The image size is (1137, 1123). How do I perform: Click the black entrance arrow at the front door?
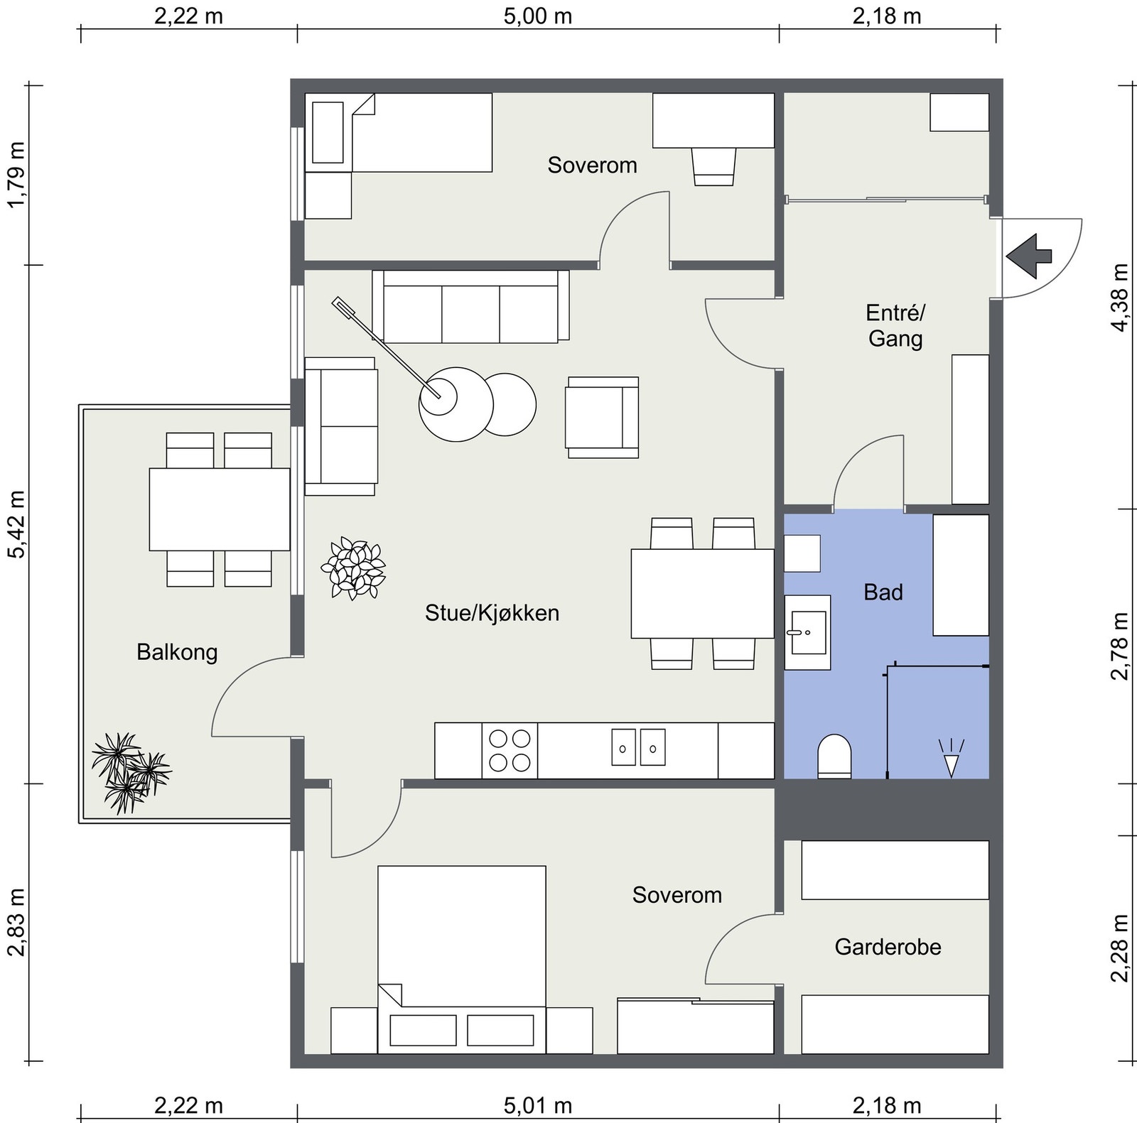(x=1028, y=255)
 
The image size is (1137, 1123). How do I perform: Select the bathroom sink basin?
(x=807, y=632)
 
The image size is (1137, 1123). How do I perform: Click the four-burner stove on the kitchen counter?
(x=510, y=751)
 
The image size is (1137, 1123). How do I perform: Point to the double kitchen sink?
(x=638, y=747)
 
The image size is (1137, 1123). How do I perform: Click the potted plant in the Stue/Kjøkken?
(x=353, y=568)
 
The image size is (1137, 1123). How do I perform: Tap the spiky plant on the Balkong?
(x=130, y=773)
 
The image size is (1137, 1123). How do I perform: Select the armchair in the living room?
(x=602, y=417)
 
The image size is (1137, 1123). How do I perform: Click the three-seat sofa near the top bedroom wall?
(x=470, y=306)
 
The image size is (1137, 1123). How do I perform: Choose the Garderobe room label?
(x=888, y=947)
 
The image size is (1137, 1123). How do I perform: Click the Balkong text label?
(x=177, y=652)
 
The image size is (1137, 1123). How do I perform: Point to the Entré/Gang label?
(x=895, y=325)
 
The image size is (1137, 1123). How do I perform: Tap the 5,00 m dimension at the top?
(x=538, y=16)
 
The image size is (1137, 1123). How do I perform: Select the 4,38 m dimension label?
(x=1119, y=297)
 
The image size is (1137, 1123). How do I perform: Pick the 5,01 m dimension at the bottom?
(x=538, y=1105)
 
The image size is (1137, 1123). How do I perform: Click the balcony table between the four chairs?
(x=220, y=509)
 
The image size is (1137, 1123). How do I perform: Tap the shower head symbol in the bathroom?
(x=951, y=757)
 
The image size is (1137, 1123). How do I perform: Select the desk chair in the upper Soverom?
(x=714, y=167)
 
